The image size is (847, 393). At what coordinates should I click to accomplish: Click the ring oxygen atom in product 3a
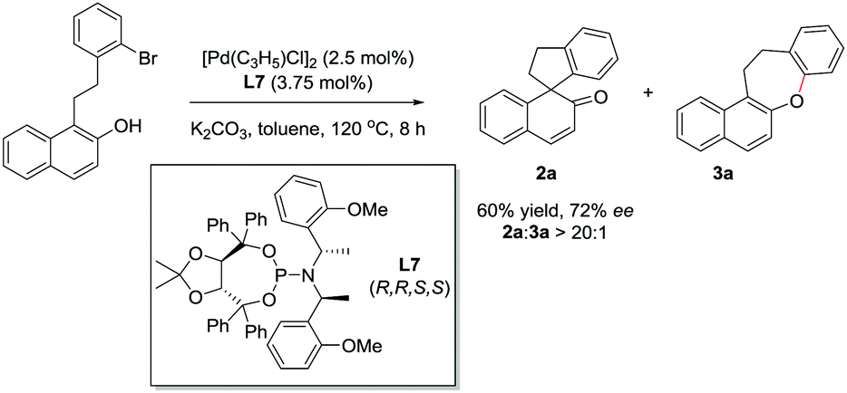pos(794,110)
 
